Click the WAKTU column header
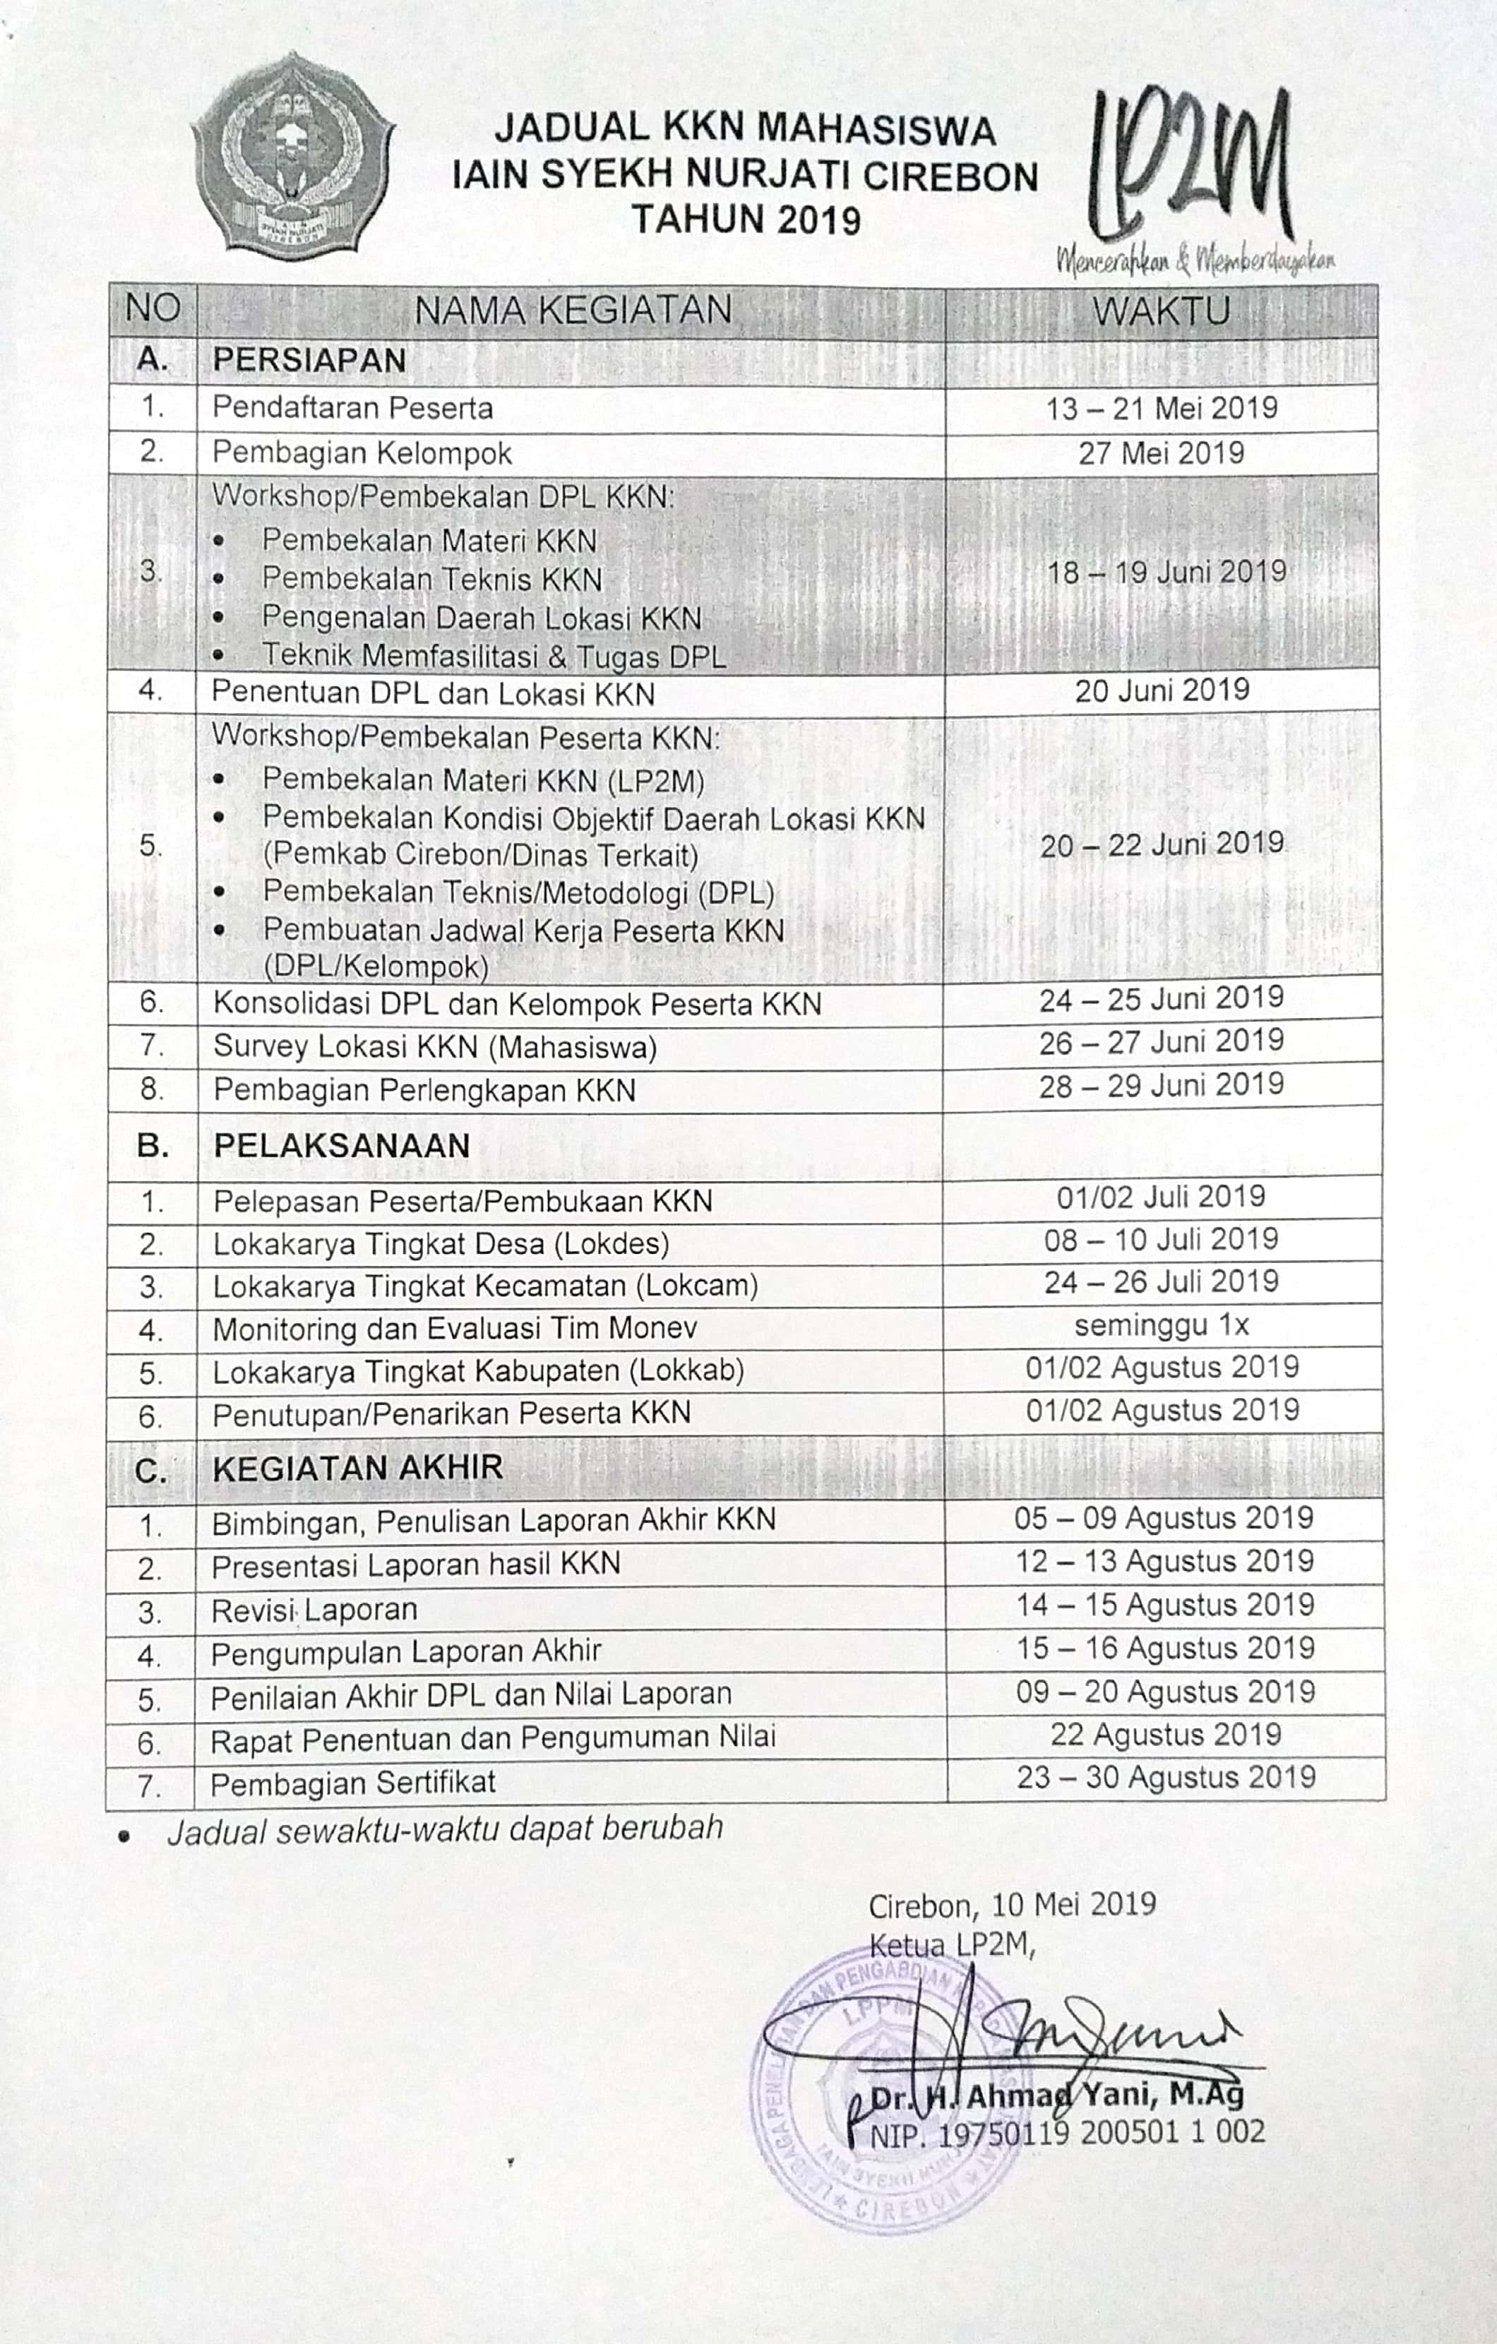tap(1160, 311)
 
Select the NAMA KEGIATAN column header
tap(573, 311)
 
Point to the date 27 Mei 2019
tap(1160, 453)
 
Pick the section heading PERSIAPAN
tap(309, 360)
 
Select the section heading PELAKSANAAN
tap(342, 1146)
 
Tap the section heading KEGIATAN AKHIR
tap(357, 1467)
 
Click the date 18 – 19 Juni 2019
tap(1166, 571)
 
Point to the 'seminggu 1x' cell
tap(1161, 1325)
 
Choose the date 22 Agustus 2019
tap(1165, 1734)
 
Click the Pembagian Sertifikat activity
tap(353, 1782)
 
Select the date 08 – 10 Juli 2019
tap(1160, 1239)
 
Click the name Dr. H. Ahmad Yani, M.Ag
tap(1057, 2095)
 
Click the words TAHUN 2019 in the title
tap(746, 220)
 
